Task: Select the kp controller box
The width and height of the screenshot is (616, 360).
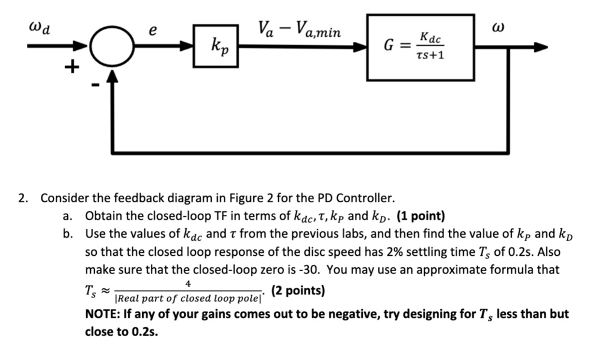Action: tap(215, 46)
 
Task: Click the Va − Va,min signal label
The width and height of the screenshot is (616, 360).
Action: tap(299, 29)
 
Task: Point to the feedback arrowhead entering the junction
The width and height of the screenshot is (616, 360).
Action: tap(111, 75)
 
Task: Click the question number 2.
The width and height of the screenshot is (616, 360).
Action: tap(23, 198)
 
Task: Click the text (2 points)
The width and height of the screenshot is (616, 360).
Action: tap(298, 291)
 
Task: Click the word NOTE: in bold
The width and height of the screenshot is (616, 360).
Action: tap(105, 314)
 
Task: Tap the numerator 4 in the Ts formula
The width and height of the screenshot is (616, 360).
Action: tap(188, 283)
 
